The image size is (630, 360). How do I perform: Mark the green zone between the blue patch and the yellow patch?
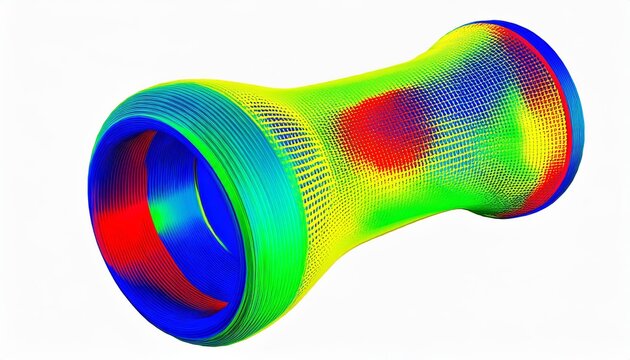[x=505, y=130]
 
